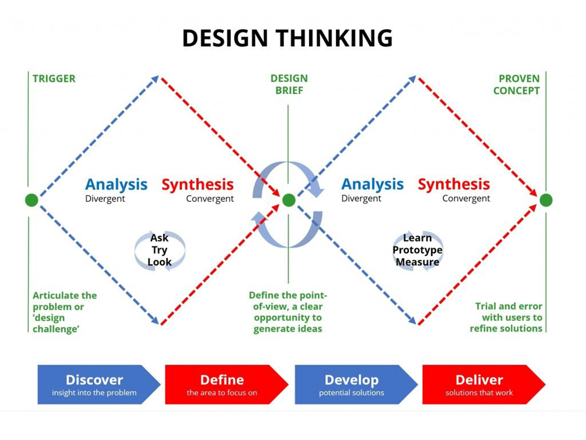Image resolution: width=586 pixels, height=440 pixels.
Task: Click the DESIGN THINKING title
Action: pos(287,38)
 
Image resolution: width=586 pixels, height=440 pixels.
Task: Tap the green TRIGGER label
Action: pos(54,79)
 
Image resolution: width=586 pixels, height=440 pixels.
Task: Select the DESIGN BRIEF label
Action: pos(289,84)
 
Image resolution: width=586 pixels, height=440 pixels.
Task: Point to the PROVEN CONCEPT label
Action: pos(516,84)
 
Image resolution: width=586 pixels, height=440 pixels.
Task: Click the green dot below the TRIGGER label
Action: pos(32,200)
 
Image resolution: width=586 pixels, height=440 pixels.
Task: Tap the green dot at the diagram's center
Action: pos(289,200)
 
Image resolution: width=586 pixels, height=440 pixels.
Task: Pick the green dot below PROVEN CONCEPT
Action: pos(546,200)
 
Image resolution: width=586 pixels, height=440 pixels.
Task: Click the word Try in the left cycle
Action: pos(159,250)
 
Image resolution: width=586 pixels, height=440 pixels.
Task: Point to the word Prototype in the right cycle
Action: pos(417,250)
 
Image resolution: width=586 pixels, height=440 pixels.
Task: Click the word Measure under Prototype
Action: pos(417,262)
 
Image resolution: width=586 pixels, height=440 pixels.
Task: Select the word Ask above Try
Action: pos(159,238)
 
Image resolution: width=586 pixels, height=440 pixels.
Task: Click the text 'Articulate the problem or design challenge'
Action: pos(65,312)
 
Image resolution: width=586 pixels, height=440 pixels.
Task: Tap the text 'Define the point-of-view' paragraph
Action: pos(288,312)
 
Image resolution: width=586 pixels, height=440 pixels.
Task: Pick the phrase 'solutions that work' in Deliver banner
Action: pos(479,393)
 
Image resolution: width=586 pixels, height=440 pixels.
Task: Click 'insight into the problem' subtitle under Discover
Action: pos(94,393)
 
